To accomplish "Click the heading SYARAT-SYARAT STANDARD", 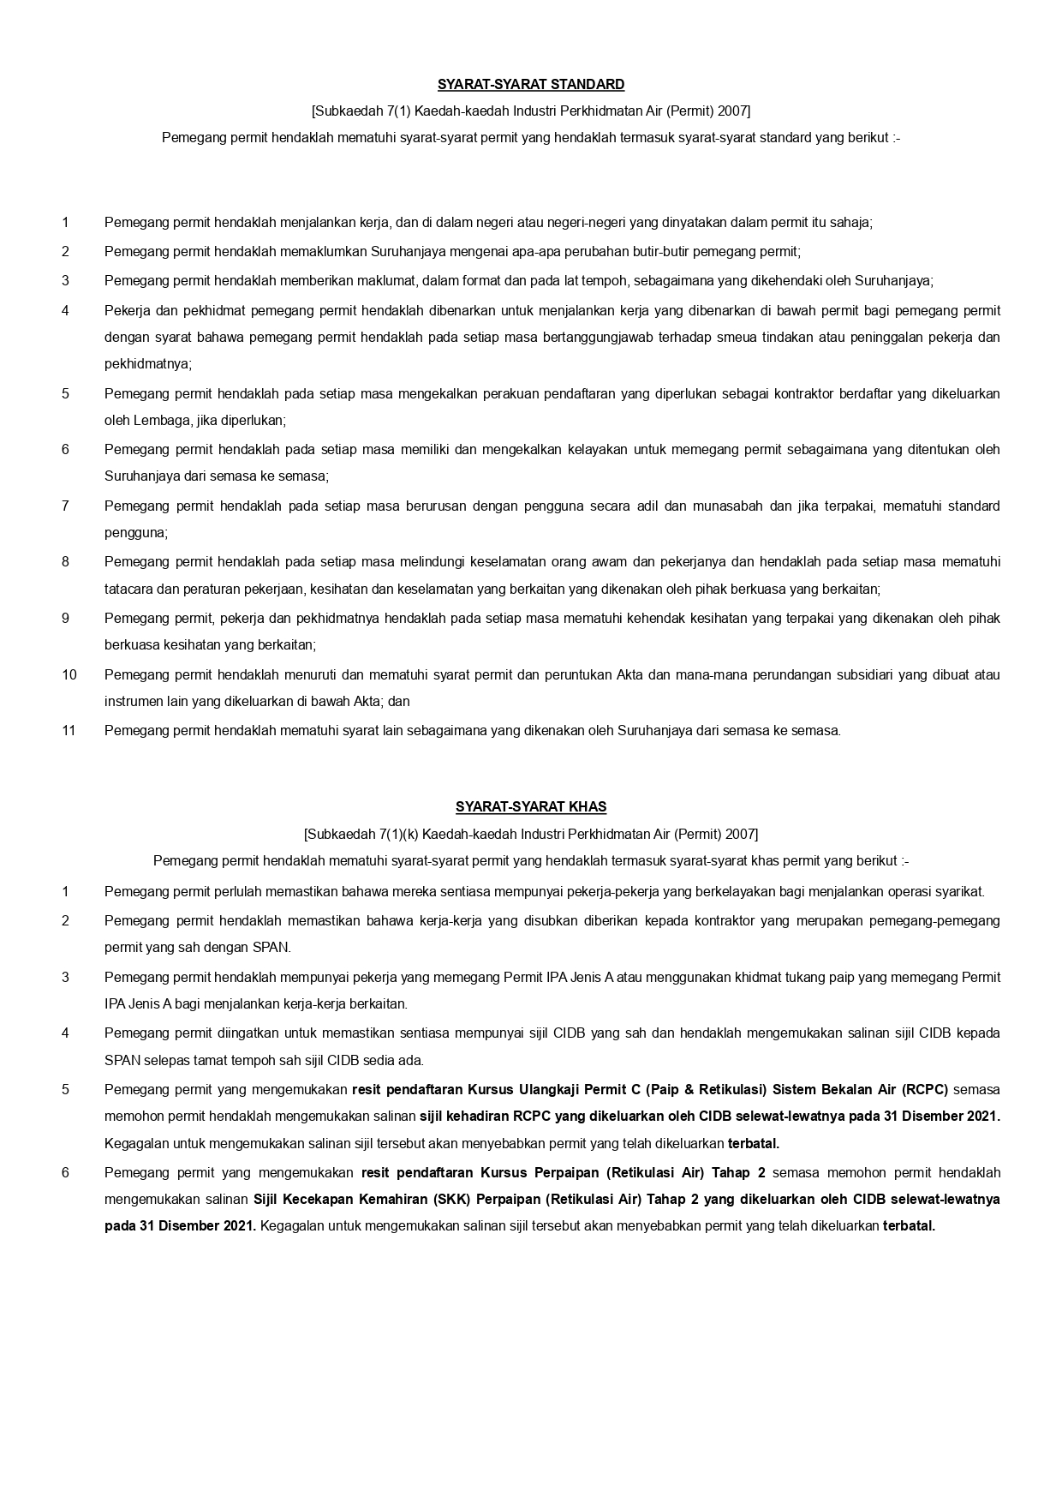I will (531, 84).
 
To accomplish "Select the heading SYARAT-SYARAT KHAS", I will (531, 806).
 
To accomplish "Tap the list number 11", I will (69, 730).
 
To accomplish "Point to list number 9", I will (65, 618).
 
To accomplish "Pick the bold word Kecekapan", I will (327, 1199).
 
